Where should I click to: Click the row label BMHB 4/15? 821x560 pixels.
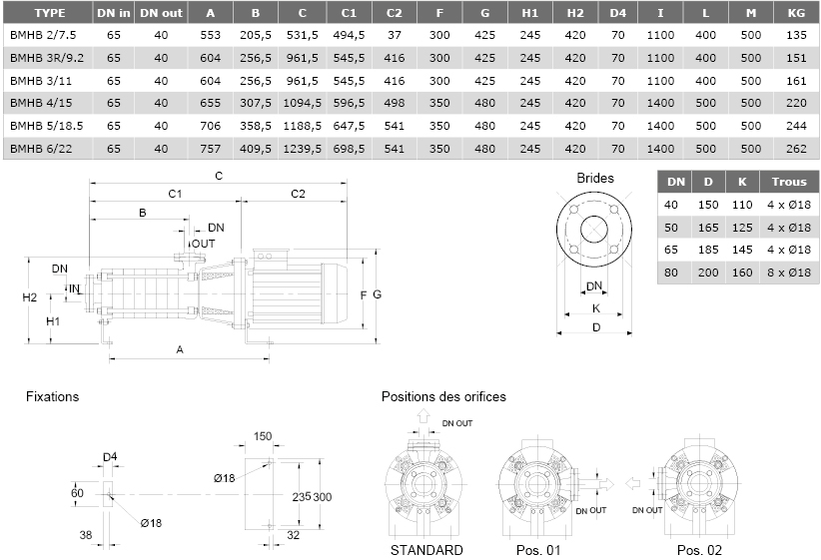click(41, 103)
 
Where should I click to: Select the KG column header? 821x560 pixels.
click(796, 13)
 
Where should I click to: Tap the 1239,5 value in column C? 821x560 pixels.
click(302, 149)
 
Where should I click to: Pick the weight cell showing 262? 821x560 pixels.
click(796, 149)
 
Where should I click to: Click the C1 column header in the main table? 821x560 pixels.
click(349, 13)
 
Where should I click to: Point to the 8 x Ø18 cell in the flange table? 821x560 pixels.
click(789, 273)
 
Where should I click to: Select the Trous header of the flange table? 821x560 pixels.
click(789, 182)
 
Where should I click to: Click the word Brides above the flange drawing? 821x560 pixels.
click(595, 178)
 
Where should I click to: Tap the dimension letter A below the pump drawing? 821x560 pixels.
click(180, 349)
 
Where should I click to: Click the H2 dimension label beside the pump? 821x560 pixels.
click(30, 297)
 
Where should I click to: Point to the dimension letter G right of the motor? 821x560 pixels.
click(377, 294)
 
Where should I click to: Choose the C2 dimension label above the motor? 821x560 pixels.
click(298, 195)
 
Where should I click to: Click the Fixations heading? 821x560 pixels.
click(52, 396)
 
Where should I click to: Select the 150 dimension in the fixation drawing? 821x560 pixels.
click(263, 436)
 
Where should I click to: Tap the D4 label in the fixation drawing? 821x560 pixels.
click(110, 457)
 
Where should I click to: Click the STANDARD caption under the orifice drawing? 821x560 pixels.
click(426, 550)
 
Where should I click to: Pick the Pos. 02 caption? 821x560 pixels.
click(699, 550)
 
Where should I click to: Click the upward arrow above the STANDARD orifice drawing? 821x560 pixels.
click(423, 416)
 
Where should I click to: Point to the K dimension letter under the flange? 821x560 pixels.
click(596, 308)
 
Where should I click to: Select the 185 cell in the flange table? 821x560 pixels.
click(708, 250)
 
